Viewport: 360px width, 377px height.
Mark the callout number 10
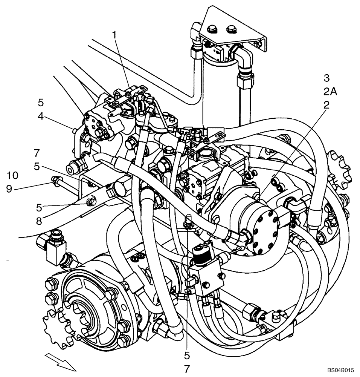[x=12, y=176]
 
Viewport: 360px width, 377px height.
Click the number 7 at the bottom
[x=187, y=367]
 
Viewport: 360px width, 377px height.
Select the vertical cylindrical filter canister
[x=220, y=94]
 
